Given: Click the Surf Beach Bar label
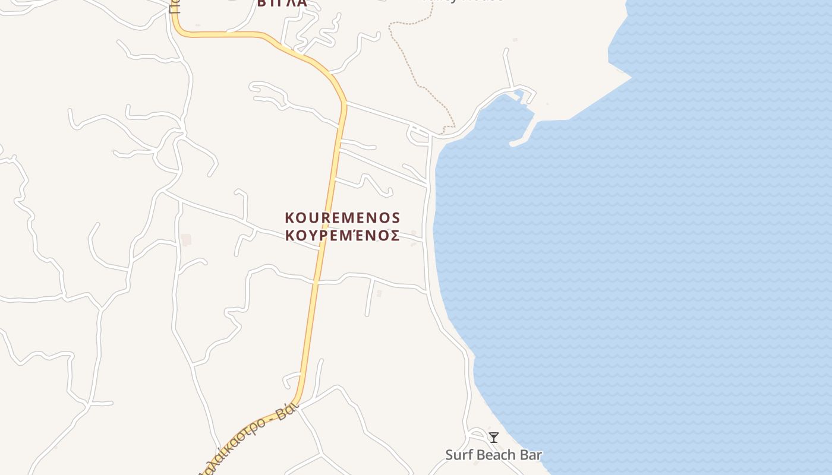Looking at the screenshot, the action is pyautogui.click(x=493, y=455).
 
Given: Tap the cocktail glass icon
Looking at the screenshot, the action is pyautogui.click(x=493, y=438).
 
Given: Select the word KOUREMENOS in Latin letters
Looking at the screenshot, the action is pyautogui.click(x=342, y=218).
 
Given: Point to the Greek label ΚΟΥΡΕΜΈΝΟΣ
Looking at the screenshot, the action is pyautogui.click(x=342, y=236).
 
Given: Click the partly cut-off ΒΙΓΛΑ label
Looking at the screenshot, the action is pyautogui.click(x=282, y=3).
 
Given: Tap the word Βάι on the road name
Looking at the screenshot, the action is pyautogui.click(x=287, y=413).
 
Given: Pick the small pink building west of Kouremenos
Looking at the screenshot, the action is pyautogui.click(x=186, y=240).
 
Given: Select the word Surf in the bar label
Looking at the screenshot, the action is pyautogui.click(x=458, y=455).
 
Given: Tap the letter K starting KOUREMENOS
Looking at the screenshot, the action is pyautogui.click(x=290, y=218).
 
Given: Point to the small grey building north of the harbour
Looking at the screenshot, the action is pyautogui.click(x=515, y=40).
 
